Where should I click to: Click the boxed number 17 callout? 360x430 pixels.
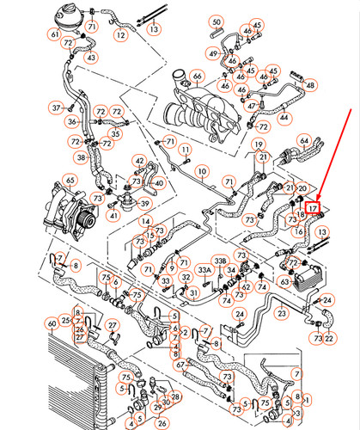click(314, 208)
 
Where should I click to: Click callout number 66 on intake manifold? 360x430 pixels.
click(197, 78)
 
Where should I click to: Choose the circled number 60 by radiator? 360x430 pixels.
click(52, 323)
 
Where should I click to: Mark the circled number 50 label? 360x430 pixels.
click(216, 21)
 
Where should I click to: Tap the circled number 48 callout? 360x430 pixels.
click(310, 85)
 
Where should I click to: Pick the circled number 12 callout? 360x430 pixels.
click(120, 35)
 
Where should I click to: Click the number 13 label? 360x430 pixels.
click(155, 28)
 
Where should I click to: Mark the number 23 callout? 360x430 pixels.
click(280, 316)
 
